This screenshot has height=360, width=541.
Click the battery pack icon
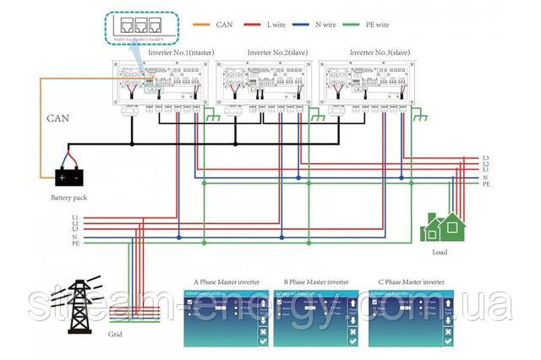68,177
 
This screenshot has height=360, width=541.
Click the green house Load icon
444,226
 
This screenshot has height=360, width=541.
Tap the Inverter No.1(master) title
181,52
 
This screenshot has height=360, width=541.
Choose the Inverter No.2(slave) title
276,52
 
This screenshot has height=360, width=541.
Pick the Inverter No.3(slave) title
378,52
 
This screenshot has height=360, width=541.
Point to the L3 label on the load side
486,158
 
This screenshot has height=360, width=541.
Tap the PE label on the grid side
75,243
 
